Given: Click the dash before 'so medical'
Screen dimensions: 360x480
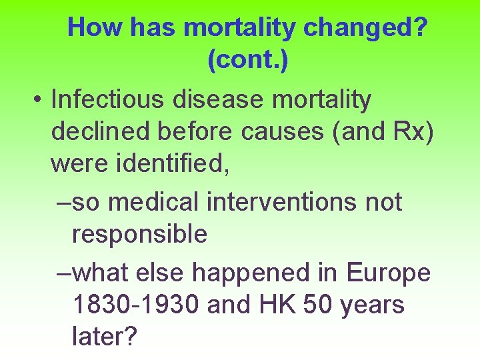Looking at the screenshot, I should coord(64,202).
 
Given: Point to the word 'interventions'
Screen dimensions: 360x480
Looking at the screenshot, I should coord(283,201).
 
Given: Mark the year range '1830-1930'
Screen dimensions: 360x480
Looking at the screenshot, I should coord(137,305).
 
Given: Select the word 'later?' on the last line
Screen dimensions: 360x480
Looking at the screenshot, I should coord(104,337).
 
